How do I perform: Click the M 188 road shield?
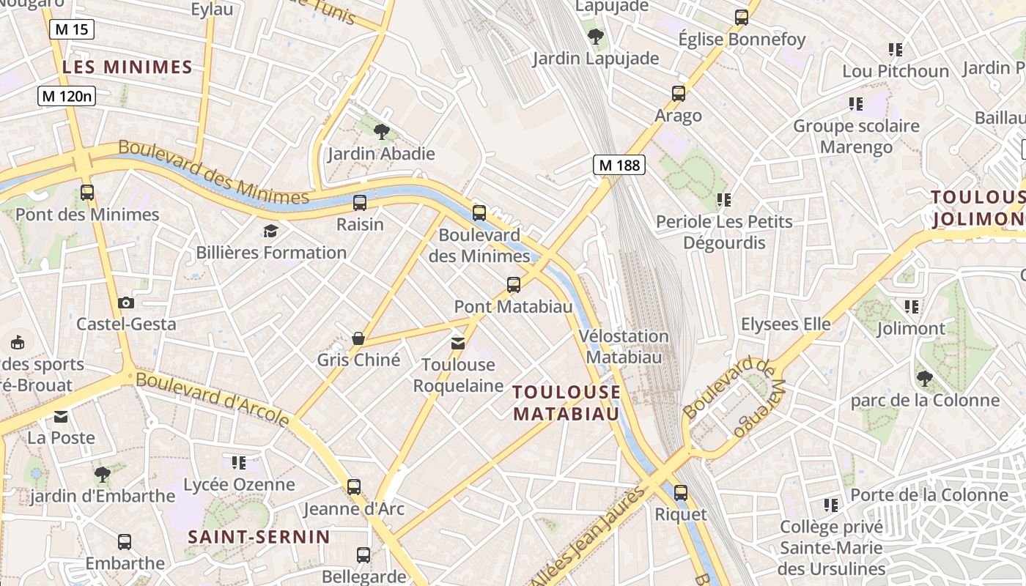coord(619,165)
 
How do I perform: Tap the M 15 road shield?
coord(72,29)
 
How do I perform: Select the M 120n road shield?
coord(67,95)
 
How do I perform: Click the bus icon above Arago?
coord(679,94)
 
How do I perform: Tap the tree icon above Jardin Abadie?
coord(381,132)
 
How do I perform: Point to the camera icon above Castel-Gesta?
coord(126,303)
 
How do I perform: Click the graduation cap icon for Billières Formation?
coord(271,231)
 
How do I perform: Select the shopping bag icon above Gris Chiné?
coord(358,338)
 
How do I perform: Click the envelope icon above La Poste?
coord(61,417)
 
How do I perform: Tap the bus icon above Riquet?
coord(681,493)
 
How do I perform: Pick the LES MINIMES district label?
coord(128,67)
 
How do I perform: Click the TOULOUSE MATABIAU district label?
coord(566,403)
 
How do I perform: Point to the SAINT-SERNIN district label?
coord(259,537)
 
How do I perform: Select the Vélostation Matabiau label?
coord(624,346)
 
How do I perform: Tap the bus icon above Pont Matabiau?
coord(514,285)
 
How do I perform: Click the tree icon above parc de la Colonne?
coord(925,379)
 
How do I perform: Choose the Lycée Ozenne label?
coord(239,484)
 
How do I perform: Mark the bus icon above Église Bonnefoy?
coord(742,18)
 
